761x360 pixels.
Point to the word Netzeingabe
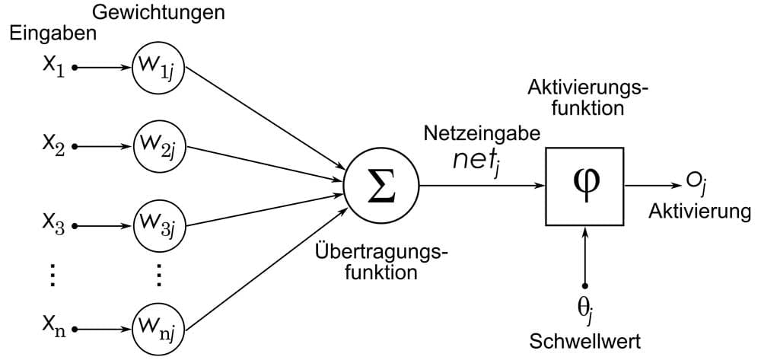click(482, 134)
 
